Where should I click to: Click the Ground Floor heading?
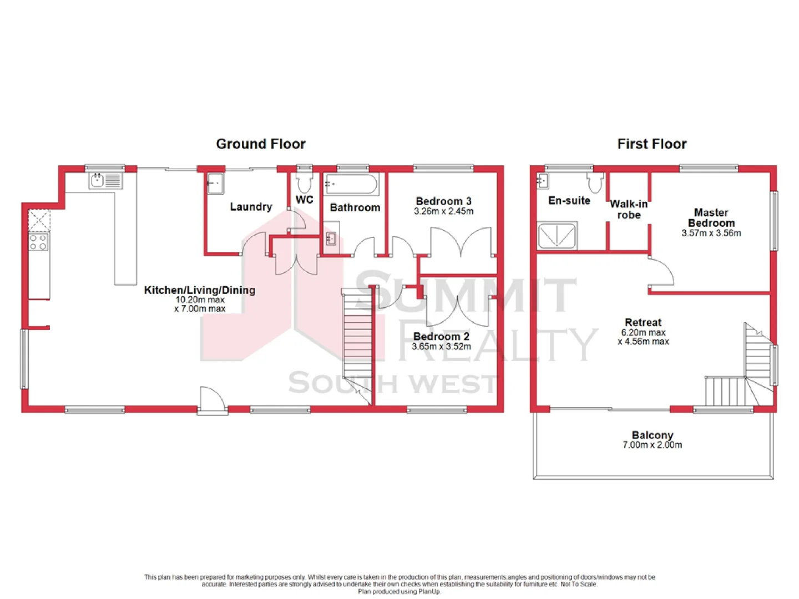pyautogui.click(x=260, y=144)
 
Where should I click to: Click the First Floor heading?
pyautogui.click(x=651, y=144)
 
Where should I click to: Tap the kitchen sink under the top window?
pyautogui.click(x=98, y=180)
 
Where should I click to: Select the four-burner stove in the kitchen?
pyautogui.click(x=38, y=242)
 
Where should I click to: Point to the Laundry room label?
pyautogui.click(x=251, y=207)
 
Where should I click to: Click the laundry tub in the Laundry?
pyautogui.click(x=215, y=184)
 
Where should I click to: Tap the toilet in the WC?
pyautogui.click(x=304, y=181)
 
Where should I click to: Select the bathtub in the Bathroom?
pyautogui.click(x=351, y=184)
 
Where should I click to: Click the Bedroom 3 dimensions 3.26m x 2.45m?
pyautogui.click(x=443, y=211)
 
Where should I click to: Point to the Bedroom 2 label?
pyautogui.click(x=441, y=337)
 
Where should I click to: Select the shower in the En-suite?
pyautogui.click(x=557, y=236)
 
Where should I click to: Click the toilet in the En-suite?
pyautogui.click(x=595, y=182)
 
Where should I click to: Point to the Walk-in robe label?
pyautogui.click(x=629, y=210)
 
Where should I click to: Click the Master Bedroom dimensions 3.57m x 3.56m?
pyautogui.click(x=711, y=233)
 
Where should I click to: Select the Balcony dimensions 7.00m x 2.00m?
pyautogui.click(x=652, y=445)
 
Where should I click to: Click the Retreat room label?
pyautogui.click(x=643, y=323)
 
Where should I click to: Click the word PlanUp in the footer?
pyautogui.click(x=429, y=592)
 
